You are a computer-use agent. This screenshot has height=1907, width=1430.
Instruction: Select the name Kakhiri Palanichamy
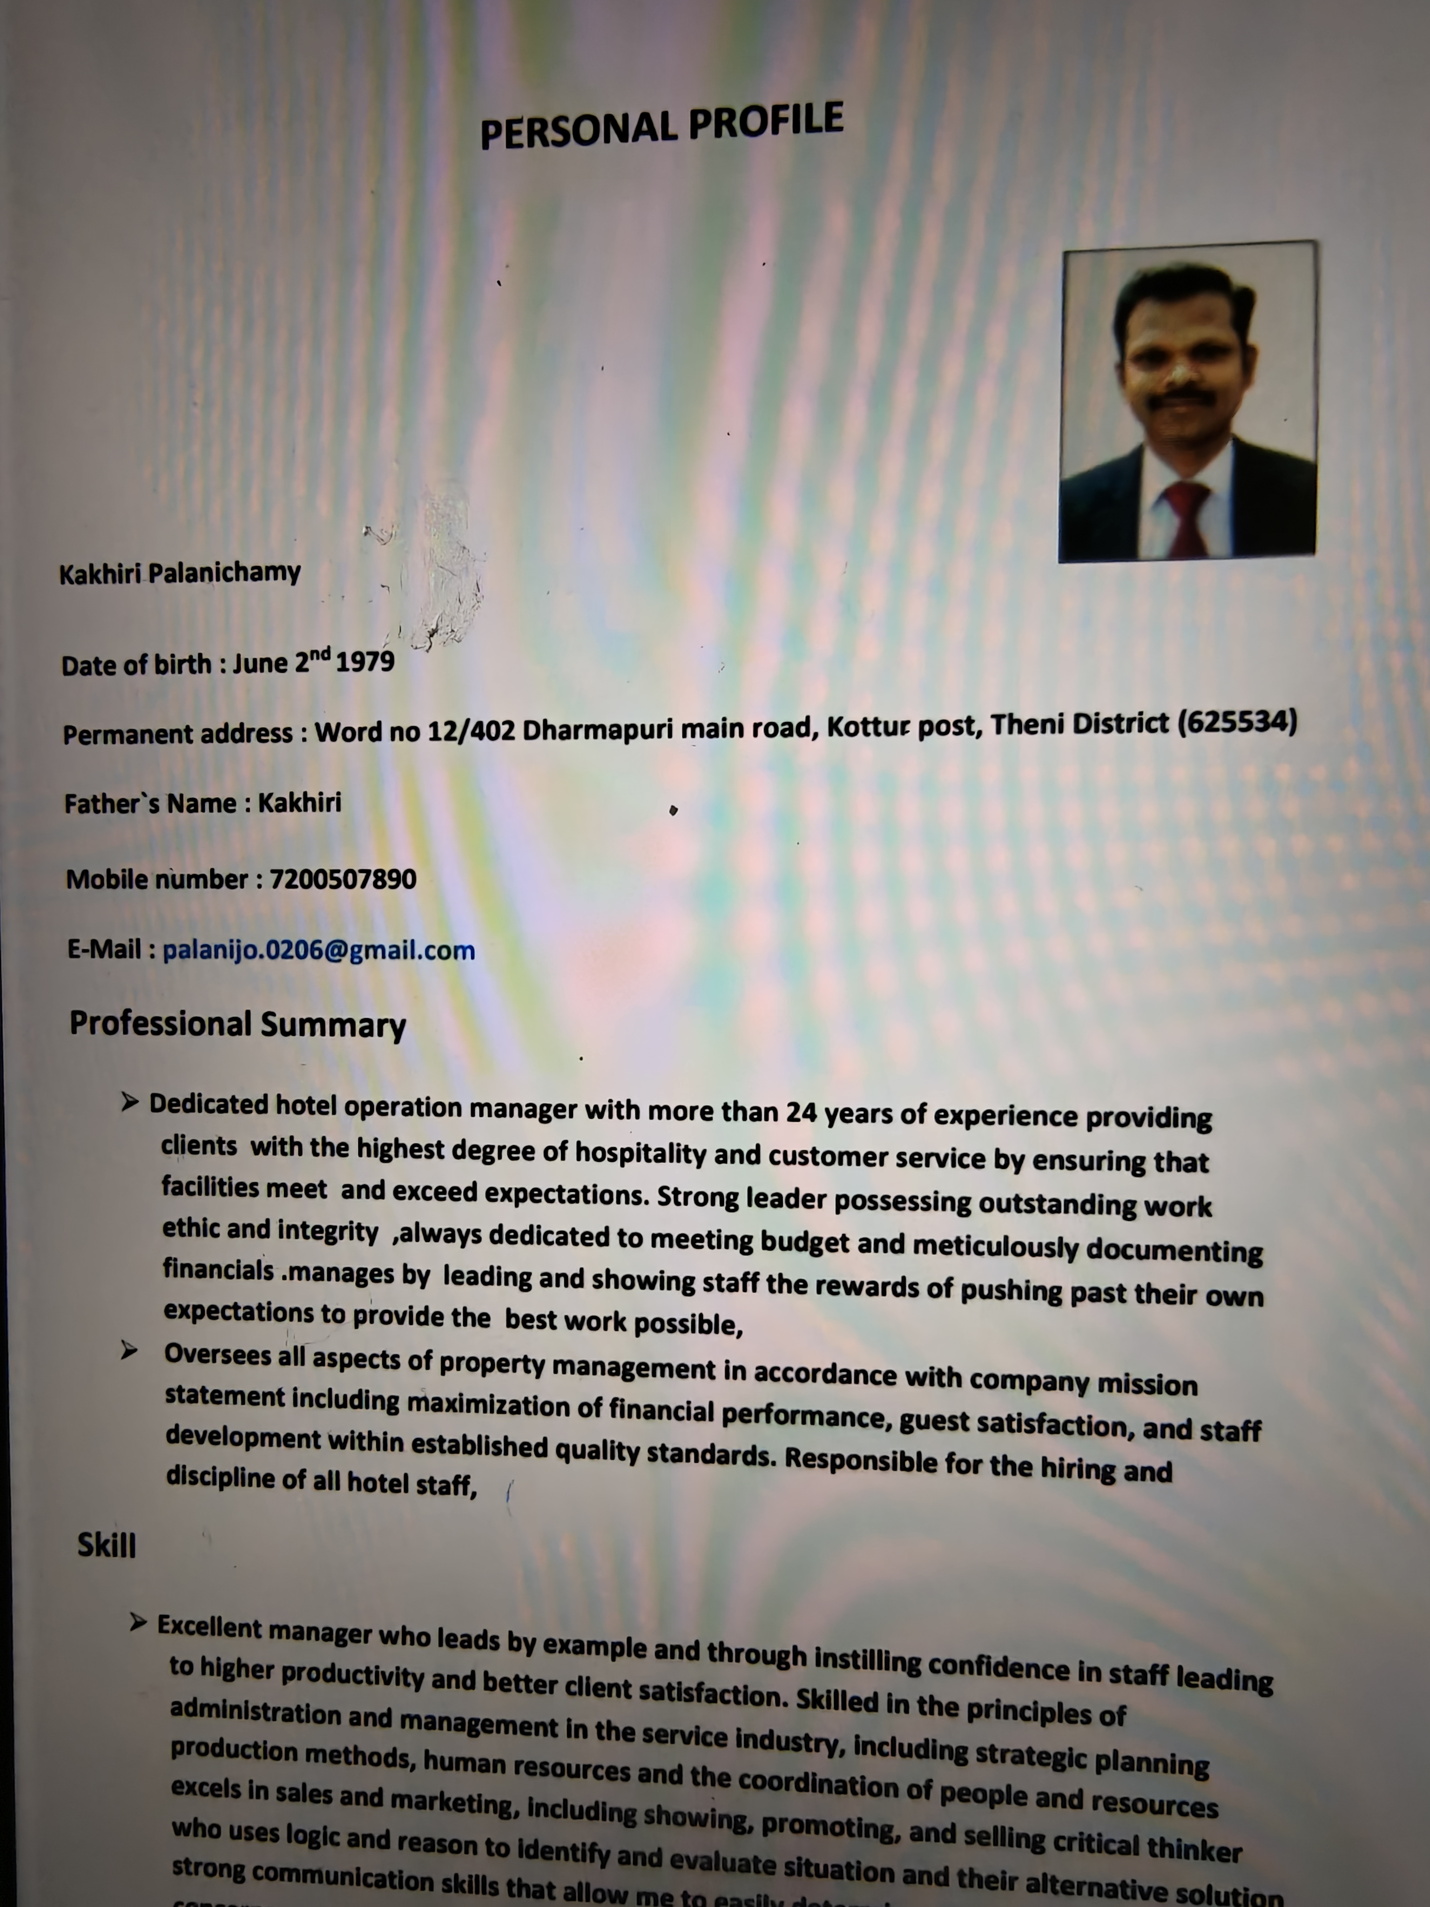179,573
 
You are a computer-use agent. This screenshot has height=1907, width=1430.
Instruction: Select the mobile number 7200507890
343,879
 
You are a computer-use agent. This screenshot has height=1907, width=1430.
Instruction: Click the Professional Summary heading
237,1024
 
